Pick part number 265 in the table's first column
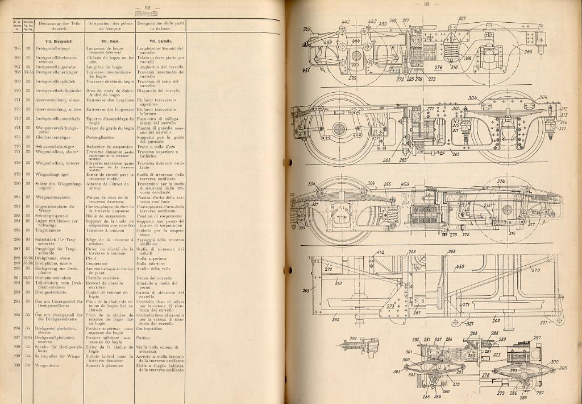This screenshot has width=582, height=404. click(18, 48)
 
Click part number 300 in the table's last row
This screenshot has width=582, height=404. click(18, 365)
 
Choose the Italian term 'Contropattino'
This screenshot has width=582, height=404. click(153, 329)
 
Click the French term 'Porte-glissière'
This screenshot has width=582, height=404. click(102, 137)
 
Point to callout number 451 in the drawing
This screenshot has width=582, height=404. click(306, 70)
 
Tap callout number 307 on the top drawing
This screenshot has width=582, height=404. click(462, 19)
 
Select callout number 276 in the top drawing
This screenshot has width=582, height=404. click(438, 67)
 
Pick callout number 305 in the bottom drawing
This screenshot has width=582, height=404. click(562, 368)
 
